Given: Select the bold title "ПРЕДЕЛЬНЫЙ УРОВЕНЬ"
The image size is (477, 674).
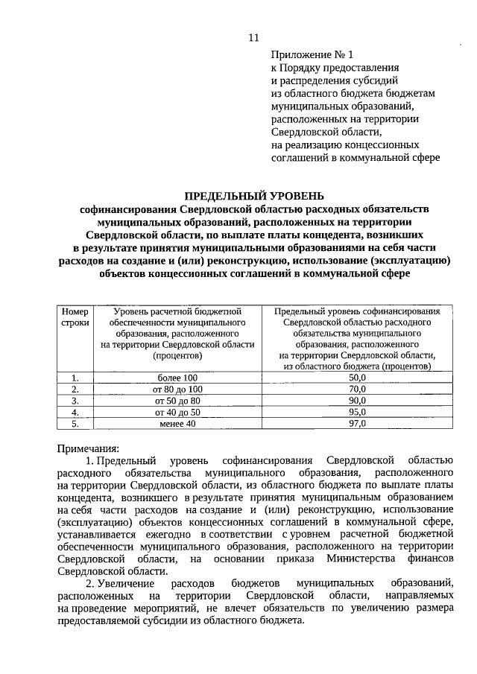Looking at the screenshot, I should coord(254,196).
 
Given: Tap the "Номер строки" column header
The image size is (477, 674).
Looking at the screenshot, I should coord(75,317).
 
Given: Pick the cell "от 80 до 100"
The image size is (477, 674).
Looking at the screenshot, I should coord(177,390).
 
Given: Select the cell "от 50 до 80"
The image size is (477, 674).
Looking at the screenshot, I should coord(177,401).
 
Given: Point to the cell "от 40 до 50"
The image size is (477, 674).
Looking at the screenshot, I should coord(177,412).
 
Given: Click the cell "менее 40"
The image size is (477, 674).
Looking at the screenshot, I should coord(177,423).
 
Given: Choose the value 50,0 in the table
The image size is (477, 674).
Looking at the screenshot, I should coord(357,378).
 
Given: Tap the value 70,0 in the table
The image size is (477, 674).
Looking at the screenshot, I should coord(357,390).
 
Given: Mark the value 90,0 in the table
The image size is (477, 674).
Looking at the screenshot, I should coord(357,401).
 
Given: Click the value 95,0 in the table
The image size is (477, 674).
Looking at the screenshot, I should coord(357,412).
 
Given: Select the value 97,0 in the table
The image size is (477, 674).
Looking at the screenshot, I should coord(357,423).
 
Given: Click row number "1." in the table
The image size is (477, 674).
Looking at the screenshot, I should coord(75,378).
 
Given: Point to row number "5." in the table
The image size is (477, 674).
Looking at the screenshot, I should coord(75,423).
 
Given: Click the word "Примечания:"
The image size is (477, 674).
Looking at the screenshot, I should coord(88,448).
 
